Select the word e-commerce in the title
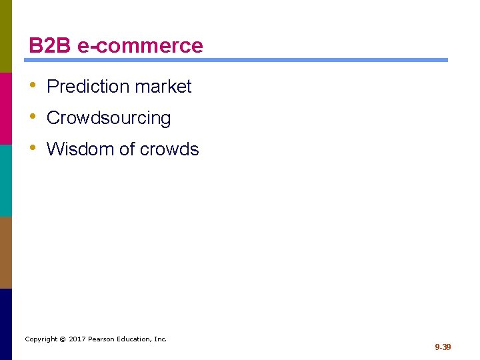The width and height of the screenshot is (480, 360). pyautogui.click(x=140, y=46)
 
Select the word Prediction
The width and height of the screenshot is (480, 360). pyautogui.click(x=88, y=87)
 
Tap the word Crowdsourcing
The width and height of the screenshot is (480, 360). pyautogui.click(x=109, y=118)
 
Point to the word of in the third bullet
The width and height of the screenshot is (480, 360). pyautogui.click(x=127, y=149)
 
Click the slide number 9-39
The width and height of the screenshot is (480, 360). pyautogui.click(x=443, y=347)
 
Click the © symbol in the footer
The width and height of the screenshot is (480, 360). pyautogui.click(x=62, y=339)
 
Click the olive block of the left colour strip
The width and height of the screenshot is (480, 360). pyautogui.click(x=5, y=36)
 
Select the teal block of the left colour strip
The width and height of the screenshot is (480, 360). pyautogui.click(x=5, y=180)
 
